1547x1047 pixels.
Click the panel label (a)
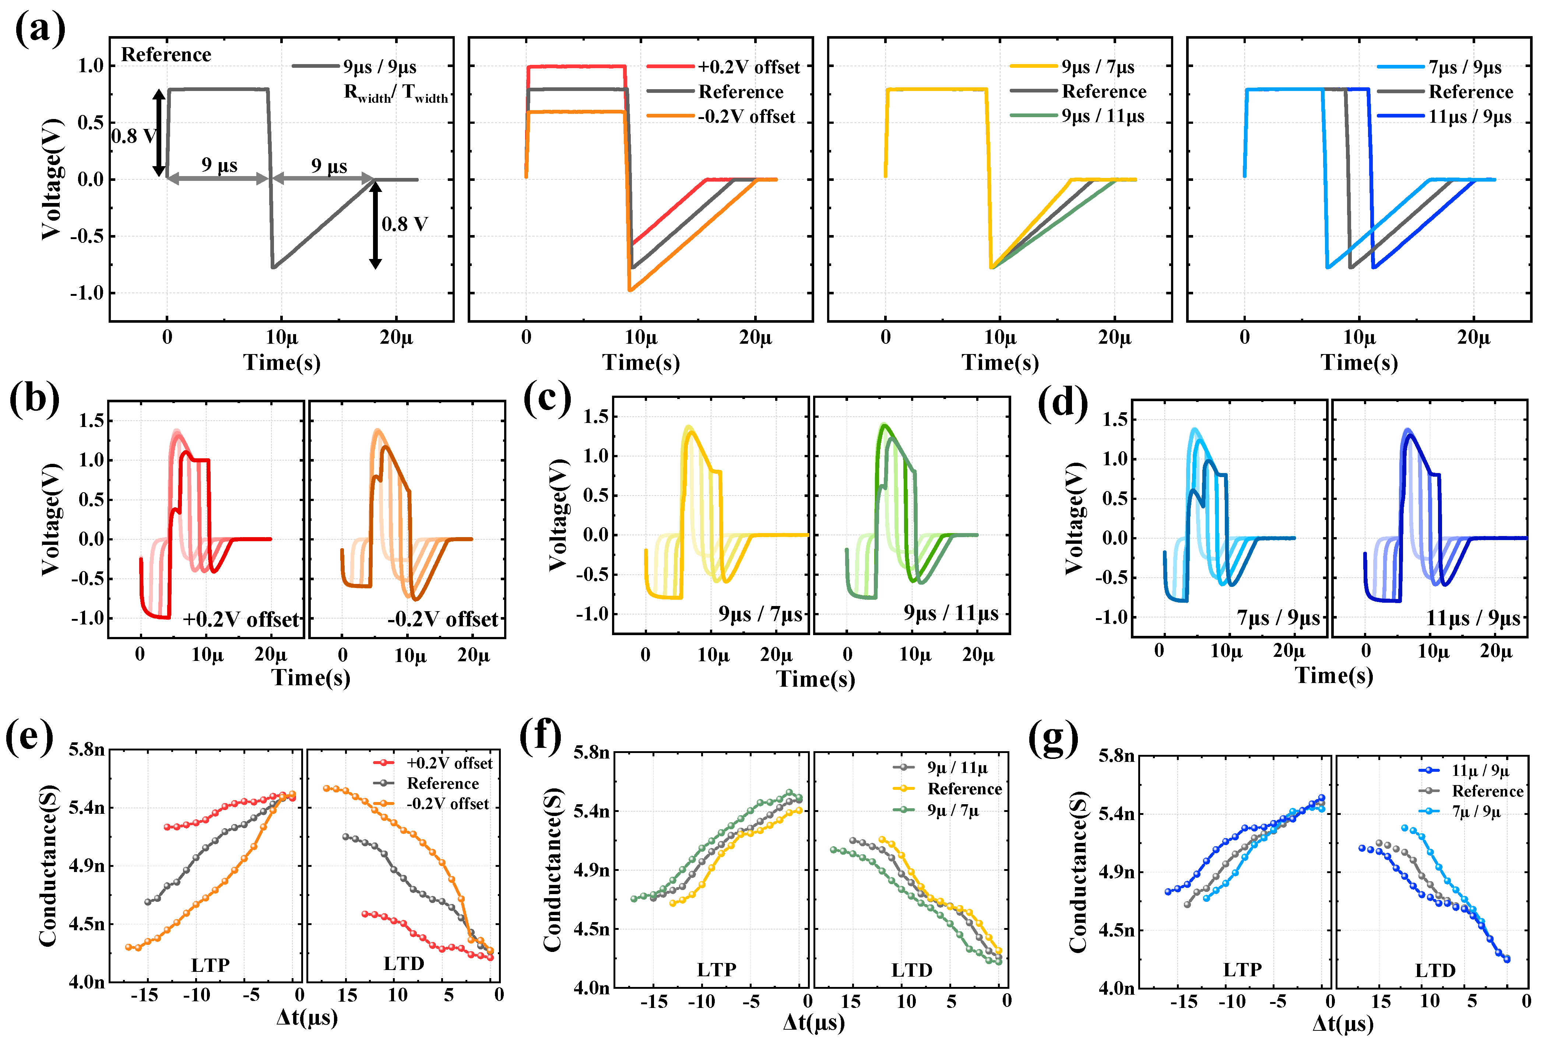(x=40, y=30)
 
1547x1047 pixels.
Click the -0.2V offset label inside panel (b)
(x=443, y=619)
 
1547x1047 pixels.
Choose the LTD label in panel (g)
(x=1435, y=970)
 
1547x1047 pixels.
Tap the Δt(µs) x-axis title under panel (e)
(x=307, y=1017)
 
